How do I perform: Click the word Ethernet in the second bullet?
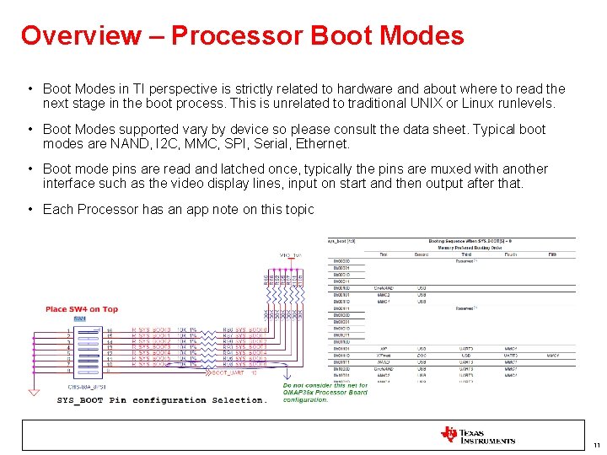point(321,144)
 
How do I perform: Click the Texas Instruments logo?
point(477,436)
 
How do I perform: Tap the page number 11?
point(596,445)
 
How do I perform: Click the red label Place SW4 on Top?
point(82,309)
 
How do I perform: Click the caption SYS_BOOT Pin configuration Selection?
point(162,400)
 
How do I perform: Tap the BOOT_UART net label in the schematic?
point(228,372)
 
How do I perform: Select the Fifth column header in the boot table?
point(552,254)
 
